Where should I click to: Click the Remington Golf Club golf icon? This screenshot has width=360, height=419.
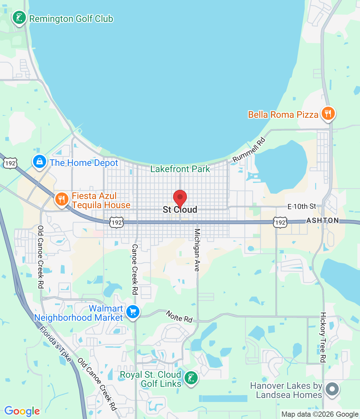tap(19, 18)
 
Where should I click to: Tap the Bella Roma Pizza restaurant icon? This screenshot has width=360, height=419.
tap(328, 113)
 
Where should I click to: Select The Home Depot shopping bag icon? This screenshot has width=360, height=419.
tap(39, 161)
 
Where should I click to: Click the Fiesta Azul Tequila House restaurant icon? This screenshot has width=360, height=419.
tap(61, 199)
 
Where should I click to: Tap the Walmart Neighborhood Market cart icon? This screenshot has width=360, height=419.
tap(133, 312)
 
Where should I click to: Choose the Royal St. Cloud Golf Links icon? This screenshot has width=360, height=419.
tap(191, 378)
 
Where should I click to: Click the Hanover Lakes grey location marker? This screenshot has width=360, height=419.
tap(332, 389)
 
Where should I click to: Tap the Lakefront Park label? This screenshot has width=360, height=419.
tap(180, 169)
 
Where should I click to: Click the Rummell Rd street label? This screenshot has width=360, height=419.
tap(249, 150)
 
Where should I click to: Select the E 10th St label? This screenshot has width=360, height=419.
tap(302, 206)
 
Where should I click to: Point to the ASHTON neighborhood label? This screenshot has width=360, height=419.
tap(323, 220)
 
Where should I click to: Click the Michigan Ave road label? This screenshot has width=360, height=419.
tap(197, 250)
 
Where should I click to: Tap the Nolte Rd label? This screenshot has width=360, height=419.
tap(179, 317)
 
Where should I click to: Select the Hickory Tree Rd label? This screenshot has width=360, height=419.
tap(323, 337)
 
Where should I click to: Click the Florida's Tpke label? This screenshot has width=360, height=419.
tap(55, 344)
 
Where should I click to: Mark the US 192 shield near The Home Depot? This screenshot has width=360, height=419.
tap(10, 163)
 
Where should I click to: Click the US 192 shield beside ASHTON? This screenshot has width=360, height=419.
tap(280, 223)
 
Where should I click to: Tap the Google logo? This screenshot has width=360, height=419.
tap(22, 411)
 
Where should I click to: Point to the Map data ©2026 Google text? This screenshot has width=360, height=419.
tap(320, 414)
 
